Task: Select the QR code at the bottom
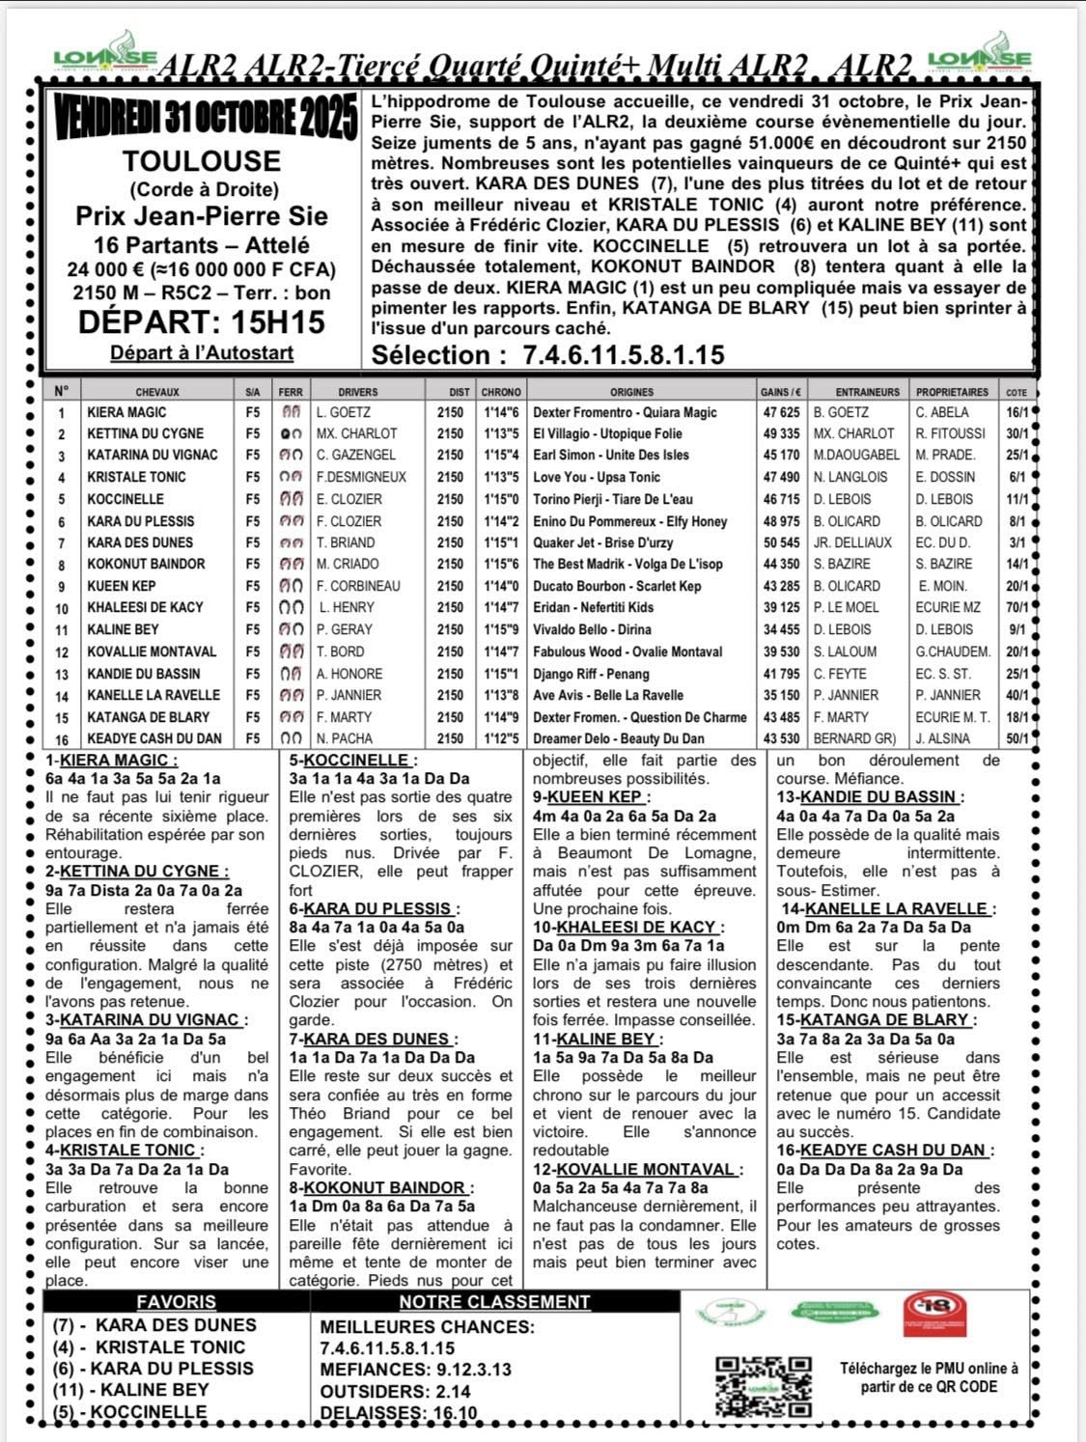tap(763, 1386)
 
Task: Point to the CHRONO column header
tap(501, 392)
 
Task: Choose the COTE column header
tap(1016, 393)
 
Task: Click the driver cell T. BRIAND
tap(346, 542)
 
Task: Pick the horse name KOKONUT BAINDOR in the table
tap(146, 564)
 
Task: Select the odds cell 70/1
tap(1016, 608)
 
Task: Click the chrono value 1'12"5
tap(501, 738)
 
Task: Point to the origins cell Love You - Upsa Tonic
tap(597, 477)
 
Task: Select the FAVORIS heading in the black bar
tap(176, 1301)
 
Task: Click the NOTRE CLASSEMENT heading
tap(494, 1301)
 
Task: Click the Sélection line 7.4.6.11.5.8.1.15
tap(547, 354)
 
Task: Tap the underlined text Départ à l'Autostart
tap(202, 352)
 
